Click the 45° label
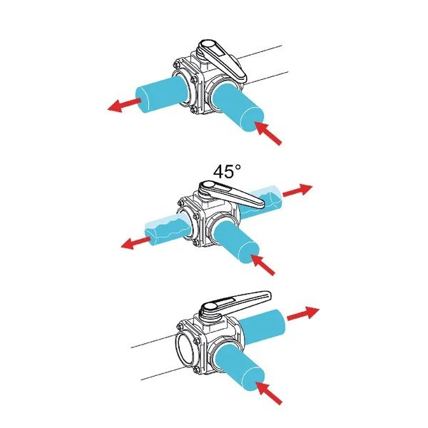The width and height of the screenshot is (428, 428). [x=227, y=172]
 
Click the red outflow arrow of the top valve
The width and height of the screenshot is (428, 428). [x=124, y=105]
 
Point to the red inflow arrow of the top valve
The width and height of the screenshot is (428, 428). [x=268, y=133]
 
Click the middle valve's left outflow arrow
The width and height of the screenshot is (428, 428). [x=136, y=243]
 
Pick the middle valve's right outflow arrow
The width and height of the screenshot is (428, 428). [x=297, y=190]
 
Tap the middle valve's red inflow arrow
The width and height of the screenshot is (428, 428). [x=263, y=265]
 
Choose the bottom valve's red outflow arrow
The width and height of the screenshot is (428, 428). [x=303, y=313]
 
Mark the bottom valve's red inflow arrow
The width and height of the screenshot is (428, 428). [x=270, y=393]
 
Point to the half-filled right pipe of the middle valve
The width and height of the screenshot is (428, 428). [x=262, y=201]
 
